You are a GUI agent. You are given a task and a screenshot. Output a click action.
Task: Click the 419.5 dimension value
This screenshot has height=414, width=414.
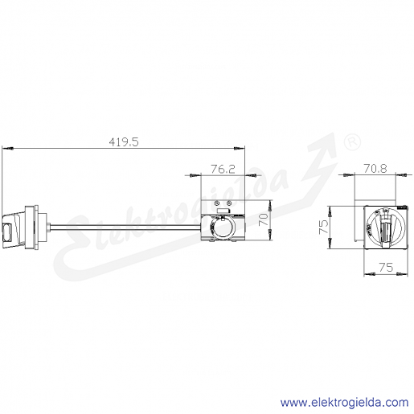coord(124,141)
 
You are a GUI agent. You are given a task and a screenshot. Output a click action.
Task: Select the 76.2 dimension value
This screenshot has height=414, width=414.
coord(223,169)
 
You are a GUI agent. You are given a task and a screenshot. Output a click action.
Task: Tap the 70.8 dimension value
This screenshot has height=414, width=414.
coord(375,169)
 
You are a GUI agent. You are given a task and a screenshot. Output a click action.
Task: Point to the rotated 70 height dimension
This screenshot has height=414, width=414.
coord(263,219)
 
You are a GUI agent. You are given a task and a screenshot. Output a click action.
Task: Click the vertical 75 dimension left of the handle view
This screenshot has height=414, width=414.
coord(323,227)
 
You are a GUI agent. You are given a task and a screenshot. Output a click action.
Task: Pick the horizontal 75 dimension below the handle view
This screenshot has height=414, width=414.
coord(386,267)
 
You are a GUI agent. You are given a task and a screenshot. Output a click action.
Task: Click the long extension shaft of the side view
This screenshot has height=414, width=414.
coord(125,227)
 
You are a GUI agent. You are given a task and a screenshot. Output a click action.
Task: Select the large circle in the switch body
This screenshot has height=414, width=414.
coord(222,227)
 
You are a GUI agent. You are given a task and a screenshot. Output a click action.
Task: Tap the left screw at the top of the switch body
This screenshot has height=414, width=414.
coord(218,203)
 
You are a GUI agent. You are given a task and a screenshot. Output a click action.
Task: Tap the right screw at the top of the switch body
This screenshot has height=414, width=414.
coord(228,203)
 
